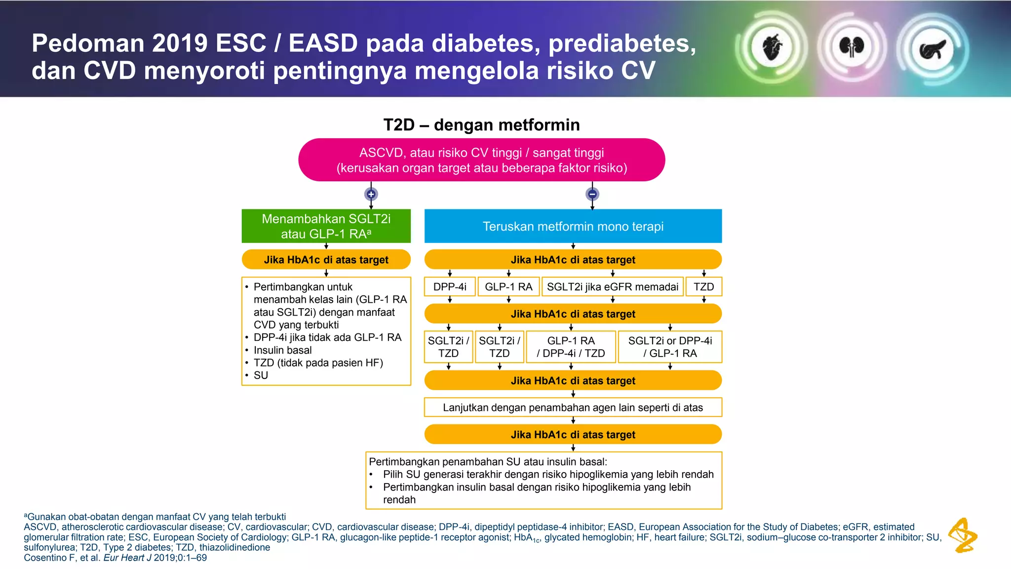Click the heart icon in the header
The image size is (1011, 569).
pyautogui.click(x=772, y=47)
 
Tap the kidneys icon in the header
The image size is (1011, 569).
pyautogui.click(x=852, y=47)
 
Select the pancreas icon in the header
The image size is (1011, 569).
pyautogui.click(x=933, y=49)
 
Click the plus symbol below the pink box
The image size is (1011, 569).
pyautogui.click(x=371, y=194)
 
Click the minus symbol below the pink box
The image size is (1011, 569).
pyautogui.click(x=592, y=194)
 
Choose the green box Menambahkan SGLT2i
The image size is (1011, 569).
pyautogui.click(x=326, y=226)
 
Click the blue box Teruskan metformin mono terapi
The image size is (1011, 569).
pyautogui.click(x=573, y=226)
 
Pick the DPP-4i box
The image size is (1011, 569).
pyautogui.click(x=450, y=287)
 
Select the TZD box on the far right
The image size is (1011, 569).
pyautogui.click(x=703, y=287)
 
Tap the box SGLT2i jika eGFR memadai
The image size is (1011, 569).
pyautogui.click(x=613, y=287)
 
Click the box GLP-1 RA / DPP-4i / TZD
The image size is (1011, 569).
pyautogui.click(x=571, y=347)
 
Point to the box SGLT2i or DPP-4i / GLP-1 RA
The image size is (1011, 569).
pyautogui.click(x=670, y=347)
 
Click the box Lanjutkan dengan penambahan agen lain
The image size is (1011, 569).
pyautogui.click(x=573, y=407)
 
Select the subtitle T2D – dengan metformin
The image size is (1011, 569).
pyautogui.click(x=481, y=125)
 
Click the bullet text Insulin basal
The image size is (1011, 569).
pyautogui.click(x=282, y=350)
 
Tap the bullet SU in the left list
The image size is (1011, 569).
pyautogui.click(x=261, y=375)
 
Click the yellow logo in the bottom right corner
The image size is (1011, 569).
pyautogui.click(x=963, y=535)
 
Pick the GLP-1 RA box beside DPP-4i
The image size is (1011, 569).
pyautogui.click(x=508, y=287)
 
